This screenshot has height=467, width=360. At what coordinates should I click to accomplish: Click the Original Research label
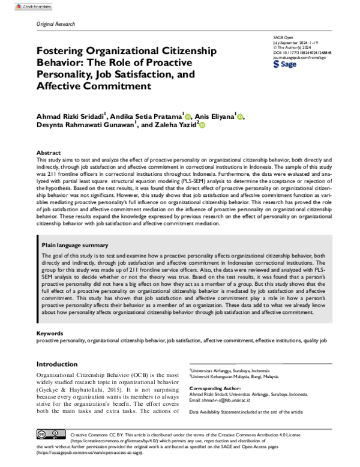56,24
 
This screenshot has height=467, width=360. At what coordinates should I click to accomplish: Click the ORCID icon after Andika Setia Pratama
188,116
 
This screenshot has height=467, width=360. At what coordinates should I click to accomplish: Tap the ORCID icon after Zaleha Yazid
202,125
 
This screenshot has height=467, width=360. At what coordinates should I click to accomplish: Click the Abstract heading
49,153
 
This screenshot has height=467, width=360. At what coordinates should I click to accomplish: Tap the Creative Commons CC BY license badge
50,434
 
